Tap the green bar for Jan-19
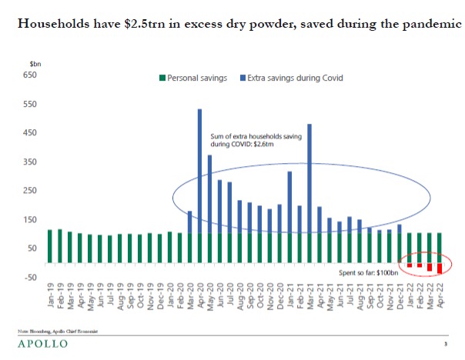[x=49, y=247]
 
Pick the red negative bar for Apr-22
[x=440, y=268]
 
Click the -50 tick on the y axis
[x=29, y=277]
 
